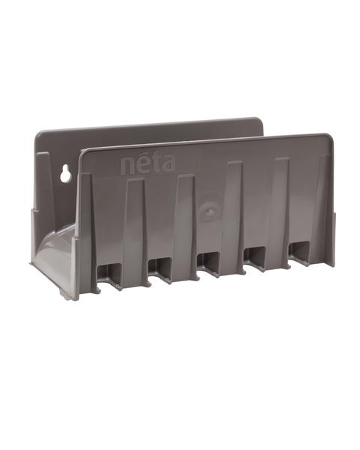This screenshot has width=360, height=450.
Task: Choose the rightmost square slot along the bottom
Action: click(299, 255)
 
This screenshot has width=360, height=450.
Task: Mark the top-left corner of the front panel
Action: click(83, 151)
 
